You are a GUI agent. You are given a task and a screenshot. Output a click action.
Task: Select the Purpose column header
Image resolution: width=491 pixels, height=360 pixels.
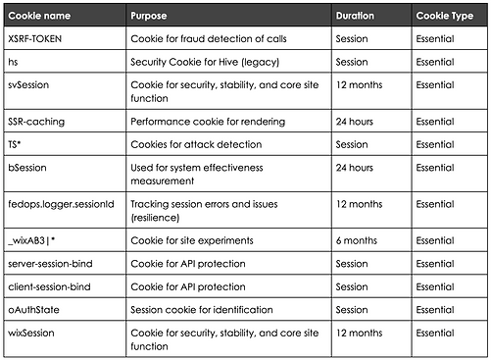pos(150,17)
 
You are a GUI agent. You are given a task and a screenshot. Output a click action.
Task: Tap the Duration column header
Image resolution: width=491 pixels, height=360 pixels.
pos(355,17)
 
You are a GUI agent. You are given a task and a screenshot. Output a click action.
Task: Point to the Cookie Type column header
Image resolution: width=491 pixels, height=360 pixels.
pos(442,17)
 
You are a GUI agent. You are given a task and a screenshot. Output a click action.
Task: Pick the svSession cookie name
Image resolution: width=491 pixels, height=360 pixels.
pos(28,85)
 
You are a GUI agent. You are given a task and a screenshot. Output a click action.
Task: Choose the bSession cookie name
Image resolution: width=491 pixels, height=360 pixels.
pos(27,168)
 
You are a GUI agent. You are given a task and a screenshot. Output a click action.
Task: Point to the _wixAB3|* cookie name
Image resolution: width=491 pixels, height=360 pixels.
pos(32,238)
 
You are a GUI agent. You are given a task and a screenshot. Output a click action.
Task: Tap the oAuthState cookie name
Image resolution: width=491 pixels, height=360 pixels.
pos(32,310)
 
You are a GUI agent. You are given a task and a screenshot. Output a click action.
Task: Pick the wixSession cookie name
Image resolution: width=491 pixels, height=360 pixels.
pos(30,334)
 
